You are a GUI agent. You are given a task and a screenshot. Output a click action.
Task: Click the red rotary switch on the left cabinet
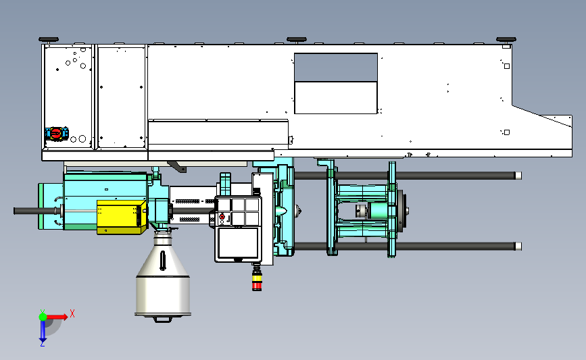coord(56,133)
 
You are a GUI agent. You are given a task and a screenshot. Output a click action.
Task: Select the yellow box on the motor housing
coord(121,217)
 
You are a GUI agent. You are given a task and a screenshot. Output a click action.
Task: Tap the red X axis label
coord(72,313)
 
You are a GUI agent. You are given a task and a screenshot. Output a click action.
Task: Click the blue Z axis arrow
coord(43,331)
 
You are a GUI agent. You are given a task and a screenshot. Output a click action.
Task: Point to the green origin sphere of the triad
coord(43,317)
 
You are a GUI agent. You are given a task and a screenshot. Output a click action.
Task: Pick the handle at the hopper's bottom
coord(163,319)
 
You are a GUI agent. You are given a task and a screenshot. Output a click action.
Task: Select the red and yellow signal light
coord(257,280)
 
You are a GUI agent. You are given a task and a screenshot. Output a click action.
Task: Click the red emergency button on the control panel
coord(222,217)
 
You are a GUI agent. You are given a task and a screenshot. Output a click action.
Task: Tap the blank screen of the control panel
coord(238,242)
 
